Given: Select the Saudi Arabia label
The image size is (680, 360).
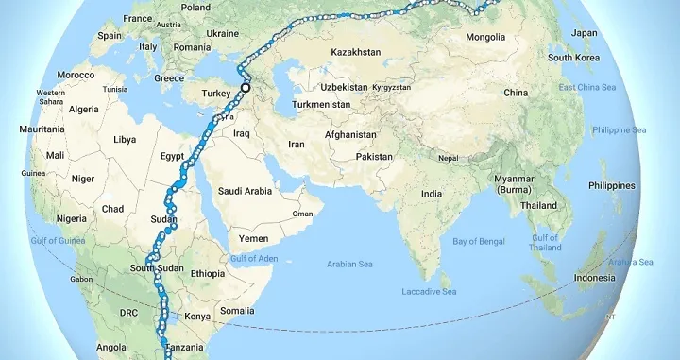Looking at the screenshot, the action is click(245, 191).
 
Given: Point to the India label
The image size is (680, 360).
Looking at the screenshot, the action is click(431, 194).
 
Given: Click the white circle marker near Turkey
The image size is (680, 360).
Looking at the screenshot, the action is click(246, 87).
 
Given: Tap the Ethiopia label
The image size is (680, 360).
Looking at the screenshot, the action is click(207, 273).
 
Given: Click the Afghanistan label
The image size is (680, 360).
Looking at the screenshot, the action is click(351, 135).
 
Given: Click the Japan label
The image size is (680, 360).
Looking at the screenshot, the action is click(585, 33).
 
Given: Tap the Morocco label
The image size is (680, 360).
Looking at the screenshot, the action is click(76, 75).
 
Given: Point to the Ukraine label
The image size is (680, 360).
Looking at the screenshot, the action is click(222, 33).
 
